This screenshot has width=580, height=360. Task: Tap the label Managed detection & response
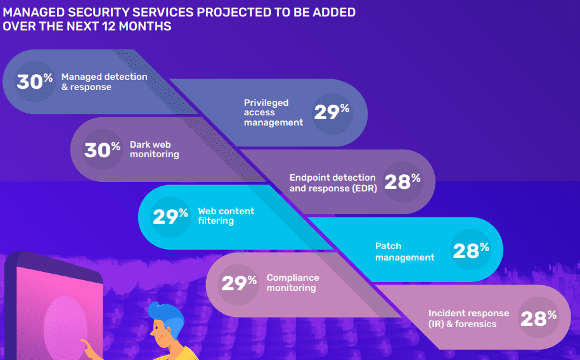coord(104,82)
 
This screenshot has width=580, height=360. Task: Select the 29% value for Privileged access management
coord(332,112)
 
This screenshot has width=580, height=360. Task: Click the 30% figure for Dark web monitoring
coord(102,150)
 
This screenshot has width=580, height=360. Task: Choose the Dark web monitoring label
coord(154,150)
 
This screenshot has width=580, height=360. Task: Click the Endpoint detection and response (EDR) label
coord(332,183)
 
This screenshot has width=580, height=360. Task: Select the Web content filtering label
coord(226,216)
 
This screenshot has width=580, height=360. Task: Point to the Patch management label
coord(404,252)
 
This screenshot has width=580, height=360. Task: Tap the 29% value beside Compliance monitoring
coord(238,283)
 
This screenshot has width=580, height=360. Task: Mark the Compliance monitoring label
coord(292,283)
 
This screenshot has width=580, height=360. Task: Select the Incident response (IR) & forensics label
coord(468,319)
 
